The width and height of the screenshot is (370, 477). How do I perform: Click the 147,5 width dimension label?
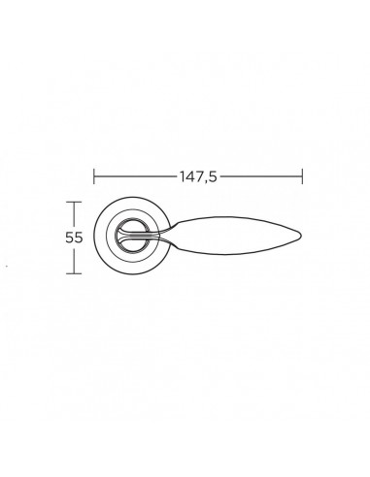coord(198,176)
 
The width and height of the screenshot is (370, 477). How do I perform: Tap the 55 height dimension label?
coord(74,238)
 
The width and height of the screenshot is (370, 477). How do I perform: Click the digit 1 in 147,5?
coord(183,176)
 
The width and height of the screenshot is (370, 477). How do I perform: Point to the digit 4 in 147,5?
coord(189,176)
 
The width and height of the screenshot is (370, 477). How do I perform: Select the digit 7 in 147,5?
coord(198,176)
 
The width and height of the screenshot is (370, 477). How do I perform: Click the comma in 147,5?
coord(205,181)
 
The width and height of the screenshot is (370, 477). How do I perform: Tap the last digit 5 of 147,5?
coord(212,176)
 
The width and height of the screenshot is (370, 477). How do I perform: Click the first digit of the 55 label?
coord(70,238)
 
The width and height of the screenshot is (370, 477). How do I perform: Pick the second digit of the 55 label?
coord(79,238)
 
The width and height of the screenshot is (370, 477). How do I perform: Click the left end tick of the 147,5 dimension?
coord(94,176)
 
